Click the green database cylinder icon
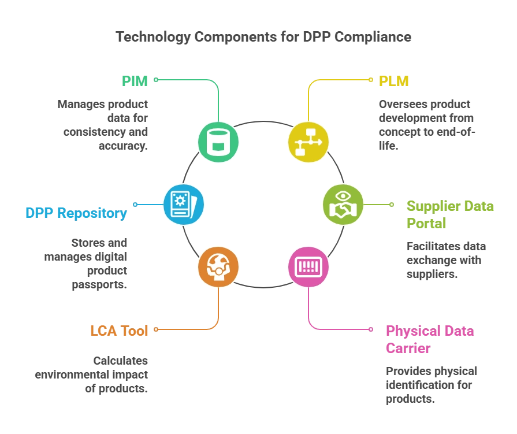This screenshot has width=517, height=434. coord(218,142)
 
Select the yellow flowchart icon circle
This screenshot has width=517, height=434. coord(308,142)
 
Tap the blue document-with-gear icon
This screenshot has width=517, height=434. coord(183,205)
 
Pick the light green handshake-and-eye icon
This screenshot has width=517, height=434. coord(343,205)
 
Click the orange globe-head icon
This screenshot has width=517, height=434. coord(218,267)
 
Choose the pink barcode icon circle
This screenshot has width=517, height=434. coord(308,267)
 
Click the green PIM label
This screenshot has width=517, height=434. coord(134,80)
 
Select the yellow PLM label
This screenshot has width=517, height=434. coord(394,81)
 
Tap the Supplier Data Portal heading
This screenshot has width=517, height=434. coord(450,214)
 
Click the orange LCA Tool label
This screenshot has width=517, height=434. coord(118,331)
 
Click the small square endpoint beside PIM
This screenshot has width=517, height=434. coord(155,80)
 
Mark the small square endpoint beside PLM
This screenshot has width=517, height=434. coord(371,80)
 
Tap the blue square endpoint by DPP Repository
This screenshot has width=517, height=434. coord(135,205)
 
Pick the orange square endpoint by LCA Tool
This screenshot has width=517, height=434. coord(155,330)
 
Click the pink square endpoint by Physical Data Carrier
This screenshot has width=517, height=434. coord(371,330)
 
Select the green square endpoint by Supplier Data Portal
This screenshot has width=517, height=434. coord(391,205)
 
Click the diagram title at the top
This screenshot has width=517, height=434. coord(263,36)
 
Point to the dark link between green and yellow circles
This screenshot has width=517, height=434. coord(263,123)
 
